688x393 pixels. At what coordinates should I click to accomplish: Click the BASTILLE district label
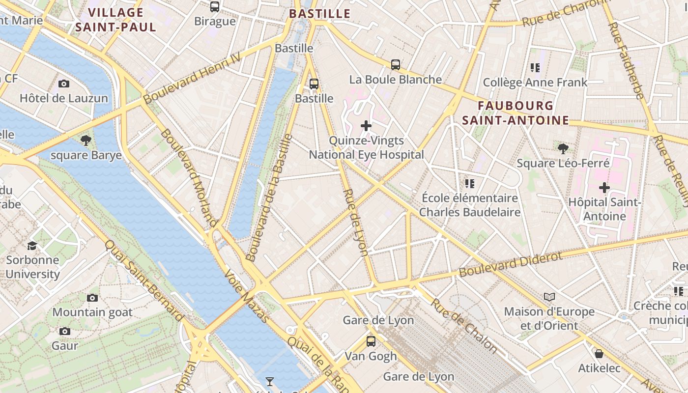click(x=320, y=14)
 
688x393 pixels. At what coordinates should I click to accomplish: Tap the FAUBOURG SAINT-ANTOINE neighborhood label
click(x=516, y=113)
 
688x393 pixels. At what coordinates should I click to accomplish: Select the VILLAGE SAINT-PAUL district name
click(x=116, y=20)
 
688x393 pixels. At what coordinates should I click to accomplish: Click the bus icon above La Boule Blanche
click(x=396, y=64)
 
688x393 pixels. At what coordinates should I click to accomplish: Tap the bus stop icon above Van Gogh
click(x=371, y=341)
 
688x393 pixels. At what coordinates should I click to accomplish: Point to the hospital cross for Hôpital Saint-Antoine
click(x=604, y=188)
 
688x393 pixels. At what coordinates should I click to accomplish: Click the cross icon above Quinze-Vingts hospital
click(x=366, y=126)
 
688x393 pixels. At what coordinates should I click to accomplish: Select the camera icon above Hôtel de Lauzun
click(x=64, y=84)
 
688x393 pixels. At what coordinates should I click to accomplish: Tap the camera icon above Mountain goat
click(x=92, y=298)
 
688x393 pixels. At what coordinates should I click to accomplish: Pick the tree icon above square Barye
click(x=86, y=140)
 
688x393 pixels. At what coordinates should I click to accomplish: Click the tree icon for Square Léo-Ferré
click(x=563, y=148)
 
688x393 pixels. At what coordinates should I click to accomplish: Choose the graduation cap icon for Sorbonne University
click(x=32, y=246)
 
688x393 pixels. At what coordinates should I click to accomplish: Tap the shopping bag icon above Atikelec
click(x=599, y=354)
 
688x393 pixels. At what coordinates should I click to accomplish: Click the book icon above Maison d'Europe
click(x=549, y=297)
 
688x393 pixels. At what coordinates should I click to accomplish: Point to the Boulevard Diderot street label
click(x=511, y=265)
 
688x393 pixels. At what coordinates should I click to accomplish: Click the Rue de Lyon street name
click(x=356, y=222)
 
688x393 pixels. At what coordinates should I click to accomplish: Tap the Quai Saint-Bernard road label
click(x=144, y=281)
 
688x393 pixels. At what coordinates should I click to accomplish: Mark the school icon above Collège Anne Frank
click(x=535, y=68)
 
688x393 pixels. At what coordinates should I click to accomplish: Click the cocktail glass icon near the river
click(x=269, y=381)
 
